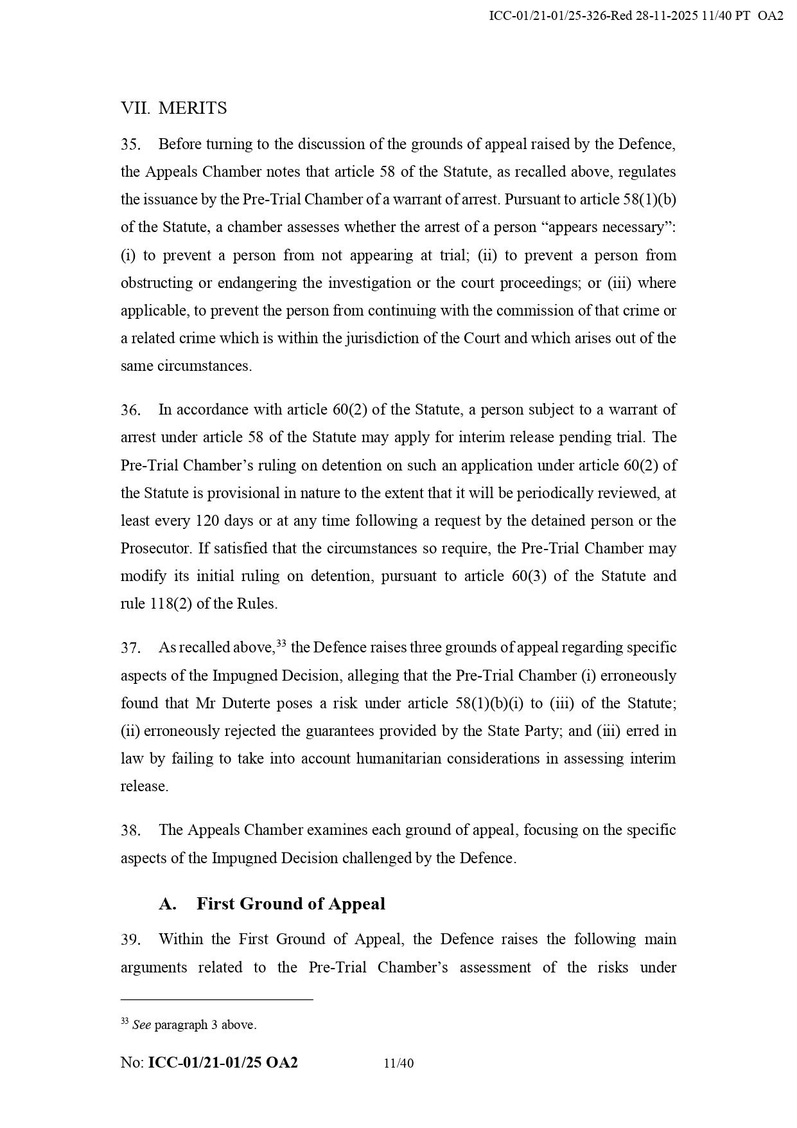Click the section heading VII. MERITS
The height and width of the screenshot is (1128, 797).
point(173,108)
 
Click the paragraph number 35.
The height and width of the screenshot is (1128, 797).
point(130,145)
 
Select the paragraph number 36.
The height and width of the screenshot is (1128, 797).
point(130,410)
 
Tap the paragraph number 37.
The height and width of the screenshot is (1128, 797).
point(130,648)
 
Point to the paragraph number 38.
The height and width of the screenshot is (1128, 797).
point(130,830)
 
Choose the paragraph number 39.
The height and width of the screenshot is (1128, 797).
point(130,940)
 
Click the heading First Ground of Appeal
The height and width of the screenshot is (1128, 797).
point(290,904)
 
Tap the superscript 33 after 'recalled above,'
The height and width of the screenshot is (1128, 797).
point(281,643)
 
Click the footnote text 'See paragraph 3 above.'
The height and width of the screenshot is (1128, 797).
point(194,1025)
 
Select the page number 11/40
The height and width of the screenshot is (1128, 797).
point(398,1063)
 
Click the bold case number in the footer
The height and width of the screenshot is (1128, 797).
point(223,1062)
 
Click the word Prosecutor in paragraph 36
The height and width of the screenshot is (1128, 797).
point(156,549)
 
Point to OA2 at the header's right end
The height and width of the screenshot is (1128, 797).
point(770,16)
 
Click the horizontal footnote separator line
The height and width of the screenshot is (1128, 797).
point(216,999)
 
